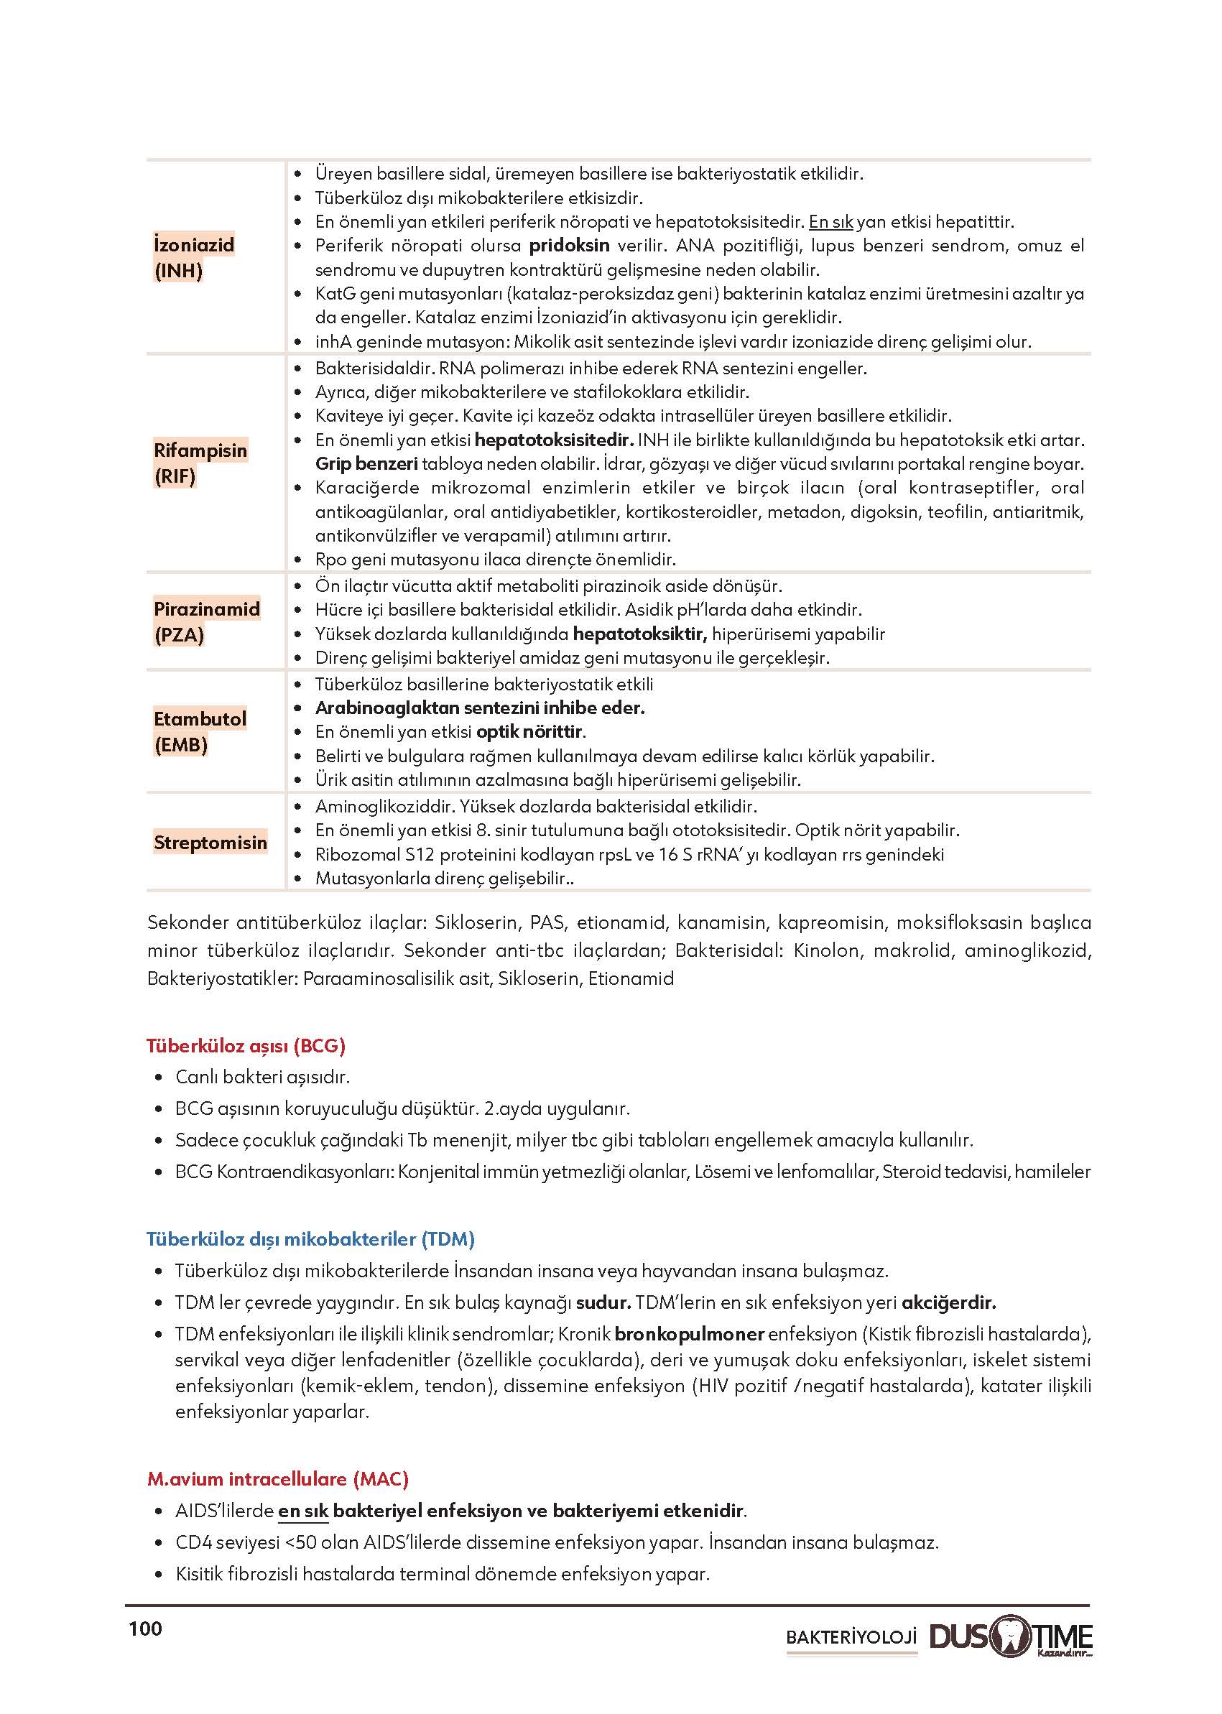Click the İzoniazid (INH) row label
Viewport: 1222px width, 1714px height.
pyautogui.click(x=193, y=257)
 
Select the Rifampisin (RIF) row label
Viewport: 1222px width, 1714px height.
pyautogui.click(x=200, y=463)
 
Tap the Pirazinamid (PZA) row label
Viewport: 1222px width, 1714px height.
pyautogui.click(x=206, y=621)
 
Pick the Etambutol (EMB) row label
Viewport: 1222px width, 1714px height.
pyautogui.click(x=200, y=731)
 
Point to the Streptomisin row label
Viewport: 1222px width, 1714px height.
pyautogui.click(x=210, y=842)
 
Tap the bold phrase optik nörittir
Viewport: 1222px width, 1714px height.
pyautogui.click(x=530, y=731)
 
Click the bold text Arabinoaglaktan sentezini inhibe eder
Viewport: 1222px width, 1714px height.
pyautogui.click(x=479, y=708)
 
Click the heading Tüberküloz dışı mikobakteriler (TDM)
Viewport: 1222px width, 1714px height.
pyautogui.click(x=310, y=1239)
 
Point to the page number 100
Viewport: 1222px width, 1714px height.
pyautogui.click(x=145, y=1629)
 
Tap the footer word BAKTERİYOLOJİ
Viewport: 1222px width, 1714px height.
pyautogui.click(x=851, y=1636)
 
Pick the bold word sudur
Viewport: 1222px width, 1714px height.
pyautogui.click(x=603, y=1302)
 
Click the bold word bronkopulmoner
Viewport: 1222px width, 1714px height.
pyautogui.click(x=689, y=1334)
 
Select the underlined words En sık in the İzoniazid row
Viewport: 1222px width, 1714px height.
pyautogui.click(x=830, y=222)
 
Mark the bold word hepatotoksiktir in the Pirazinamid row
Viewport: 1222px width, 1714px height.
pyautogui.click(x=639, y=634)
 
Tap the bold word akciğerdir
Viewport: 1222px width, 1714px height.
pyautogui.click(x=948, y=1302)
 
